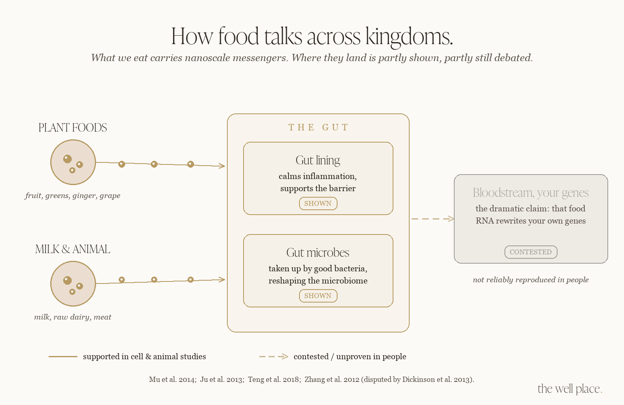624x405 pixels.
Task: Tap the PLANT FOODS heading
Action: [x=73, y=128]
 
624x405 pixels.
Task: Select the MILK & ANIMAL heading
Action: [x=73, y=249]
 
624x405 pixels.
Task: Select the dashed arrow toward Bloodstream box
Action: [x=433, y=219]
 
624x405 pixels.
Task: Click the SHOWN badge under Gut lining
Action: [x=318, y=203]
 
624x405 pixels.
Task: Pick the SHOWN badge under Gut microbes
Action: [x=318, y=296]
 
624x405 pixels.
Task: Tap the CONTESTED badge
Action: [x=531, y=252]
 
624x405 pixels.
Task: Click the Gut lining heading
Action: [x=318, y=160]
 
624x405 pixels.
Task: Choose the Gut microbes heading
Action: [x=318, y=252]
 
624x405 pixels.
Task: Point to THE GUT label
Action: [x=318, y=127]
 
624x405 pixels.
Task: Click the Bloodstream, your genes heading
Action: [x=531, y=193]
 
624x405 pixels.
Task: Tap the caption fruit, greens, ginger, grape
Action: [x=73, y=195]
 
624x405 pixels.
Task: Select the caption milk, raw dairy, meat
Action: [x=73, y=317]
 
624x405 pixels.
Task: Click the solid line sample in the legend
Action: [x=63, y=356]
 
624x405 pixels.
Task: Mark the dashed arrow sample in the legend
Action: [x=274, y=356]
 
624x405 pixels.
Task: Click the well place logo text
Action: [x=570, y=388]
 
